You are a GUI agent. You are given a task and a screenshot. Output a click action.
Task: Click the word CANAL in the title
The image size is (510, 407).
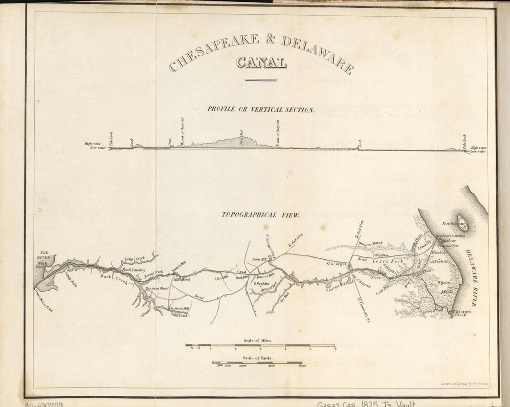pyautogui.click(x=261, y=62)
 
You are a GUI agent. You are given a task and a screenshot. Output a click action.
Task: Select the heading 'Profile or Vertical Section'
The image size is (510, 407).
pyautogui.click(x=261, y=110)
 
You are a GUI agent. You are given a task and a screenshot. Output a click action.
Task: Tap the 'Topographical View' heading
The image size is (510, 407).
pyautogui.click(x=261, y=215)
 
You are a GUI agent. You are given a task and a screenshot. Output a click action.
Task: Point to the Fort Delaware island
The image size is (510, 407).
pyautogui.click(x=463, y=223)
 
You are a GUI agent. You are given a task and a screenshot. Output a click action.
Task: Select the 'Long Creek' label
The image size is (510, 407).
pyautogui.click(x=134, y=258)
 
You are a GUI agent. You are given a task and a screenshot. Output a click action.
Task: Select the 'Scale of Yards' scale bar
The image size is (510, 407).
pyautogui.click(x=257, y=362)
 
